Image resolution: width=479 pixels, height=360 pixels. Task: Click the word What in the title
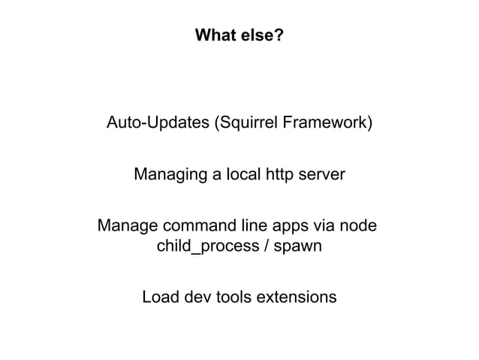[x=213, y=35]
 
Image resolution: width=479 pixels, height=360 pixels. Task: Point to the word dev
[x=197, y=297]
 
